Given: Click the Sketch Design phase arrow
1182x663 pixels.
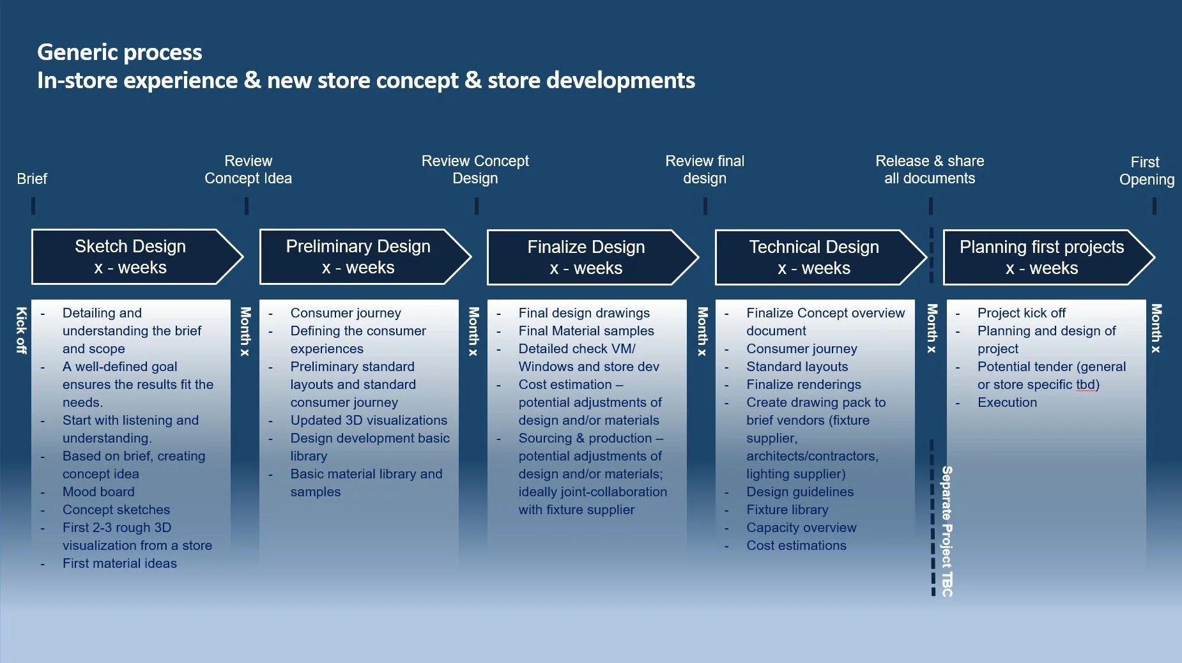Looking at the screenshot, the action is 137,257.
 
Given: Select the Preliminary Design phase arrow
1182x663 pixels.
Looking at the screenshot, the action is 365,257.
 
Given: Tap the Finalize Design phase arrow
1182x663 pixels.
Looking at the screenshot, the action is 594,257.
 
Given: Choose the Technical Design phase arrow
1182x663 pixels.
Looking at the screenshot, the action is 822,257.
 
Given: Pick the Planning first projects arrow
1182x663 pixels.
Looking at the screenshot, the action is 1049,257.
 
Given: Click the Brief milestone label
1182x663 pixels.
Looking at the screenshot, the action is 32,179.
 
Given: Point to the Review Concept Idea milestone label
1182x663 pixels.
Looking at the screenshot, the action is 248,170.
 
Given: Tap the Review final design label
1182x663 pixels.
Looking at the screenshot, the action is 705,170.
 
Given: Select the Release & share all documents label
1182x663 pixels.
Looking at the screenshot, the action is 930,170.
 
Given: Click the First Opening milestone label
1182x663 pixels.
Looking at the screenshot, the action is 1146,171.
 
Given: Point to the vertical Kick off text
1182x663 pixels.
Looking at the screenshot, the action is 21,330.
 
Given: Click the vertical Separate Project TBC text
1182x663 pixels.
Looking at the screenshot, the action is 947,531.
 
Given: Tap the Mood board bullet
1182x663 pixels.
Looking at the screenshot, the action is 98,492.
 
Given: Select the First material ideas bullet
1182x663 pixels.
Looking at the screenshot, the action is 119,563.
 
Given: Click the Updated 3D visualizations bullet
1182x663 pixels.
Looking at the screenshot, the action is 369,420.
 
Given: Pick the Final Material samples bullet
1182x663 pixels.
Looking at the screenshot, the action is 586,331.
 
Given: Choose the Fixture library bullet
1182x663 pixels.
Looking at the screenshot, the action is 787,510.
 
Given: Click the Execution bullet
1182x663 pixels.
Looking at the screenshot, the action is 1007,402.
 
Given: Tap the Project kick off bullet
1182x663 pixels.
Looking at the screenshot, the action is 1021,313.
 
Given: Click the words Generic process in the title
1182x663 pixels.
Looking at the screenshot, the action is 119,52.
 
